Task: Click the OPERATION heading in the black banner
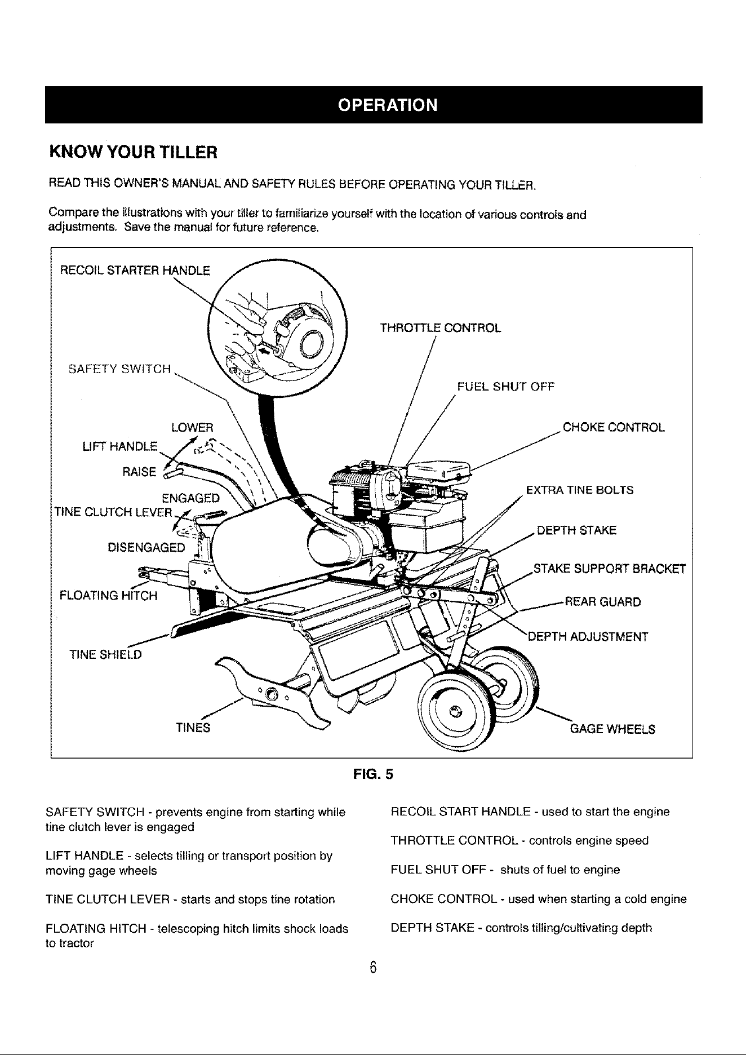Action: pyautogui.click(x=387, y=105)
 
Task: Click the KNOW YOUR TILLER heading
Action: pyautogui.click(x=132, y=152)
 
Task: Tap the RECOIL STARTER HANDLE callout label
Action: pyautogui.click(x=135, y=271)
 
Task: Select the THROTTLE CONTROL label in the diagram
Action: pyautogui.click(x=441, y=328)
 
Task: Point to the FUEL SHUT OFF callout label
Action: pyautogui.click(x=506, y=387)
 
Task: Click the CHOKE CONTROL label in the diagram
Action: pyautogui.click(x=614, y=427)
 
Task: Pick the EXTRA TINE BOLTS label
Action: pyautogui.click(x=580, y=490)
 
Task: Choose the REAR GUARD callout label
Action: pyautogui.click(x=603, y=602)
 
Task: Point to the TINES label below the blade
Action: pyautogui.click(x=193, y=728)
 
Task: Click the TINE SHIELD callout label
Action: pyautogui.click(x=106, y=654)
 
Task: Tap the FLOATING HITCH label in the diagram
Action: pyautogui.click(x=109, y=596)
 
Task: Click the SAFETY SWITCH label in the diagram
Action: pyautogui.click(x=119, y=369)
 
